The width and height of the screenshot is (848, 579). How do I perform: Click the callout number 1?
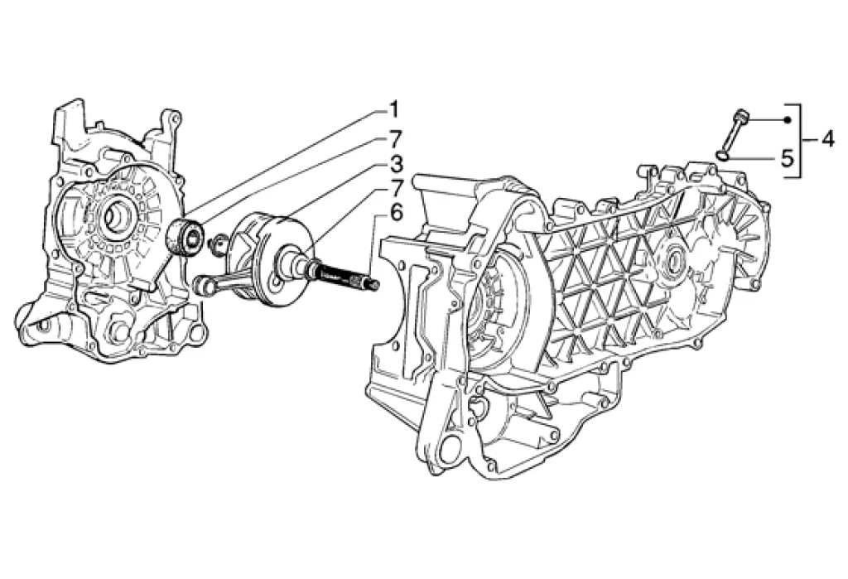click(394, 110)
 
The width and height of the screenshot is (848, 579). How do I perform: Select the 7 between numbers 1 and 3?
click(395, 139)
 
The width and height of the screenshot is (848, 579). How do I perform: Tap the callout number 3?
click(395, 163)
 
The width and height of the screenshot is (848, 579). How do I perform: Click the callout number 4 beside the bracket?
click(828, 140)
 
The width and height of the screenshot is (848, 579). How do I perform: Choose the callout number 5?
click(788, 158)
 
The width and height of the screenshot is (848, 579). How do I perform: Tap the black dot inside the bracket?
click(788, 119)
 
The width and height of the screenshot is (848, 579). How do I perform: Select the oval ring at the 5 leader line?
click(722, 156)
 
